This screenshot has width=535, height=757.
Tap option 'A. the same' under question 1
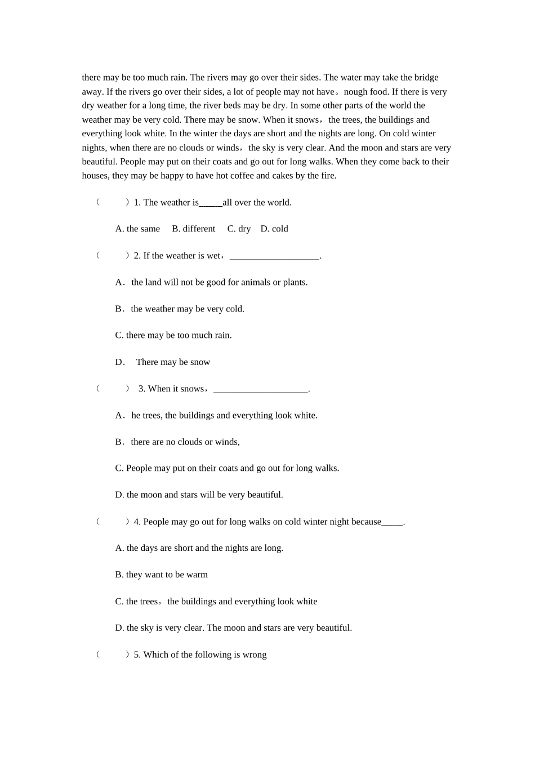(x=137, y=229)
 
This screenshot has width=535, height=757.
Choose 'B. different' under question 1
(x=193, y=229)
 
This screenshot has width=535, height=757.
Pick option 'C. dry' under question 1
(x=239, y=229)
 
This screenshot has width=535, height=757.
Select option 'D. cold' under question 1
(x=274, y=229)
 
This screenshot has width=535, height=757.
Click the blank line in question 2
(x=274, y=256)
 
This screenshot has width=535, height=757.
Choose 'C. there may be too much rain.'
(x=173, y=335)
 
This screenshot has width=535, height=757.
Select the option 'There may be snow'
(x=173, y=362)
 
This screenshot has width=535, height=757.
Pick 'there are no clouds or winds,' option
(x=185, y=442)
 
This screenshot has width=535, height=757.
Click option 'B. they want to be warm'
(x=161, y=575)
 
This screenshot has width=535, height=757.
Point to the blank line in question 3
(x=261, y=389)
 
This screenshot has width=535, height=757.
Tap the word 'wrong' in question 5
(x=255, y=654)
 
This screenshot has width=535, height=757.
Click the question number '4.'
(x=137, y=522)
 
